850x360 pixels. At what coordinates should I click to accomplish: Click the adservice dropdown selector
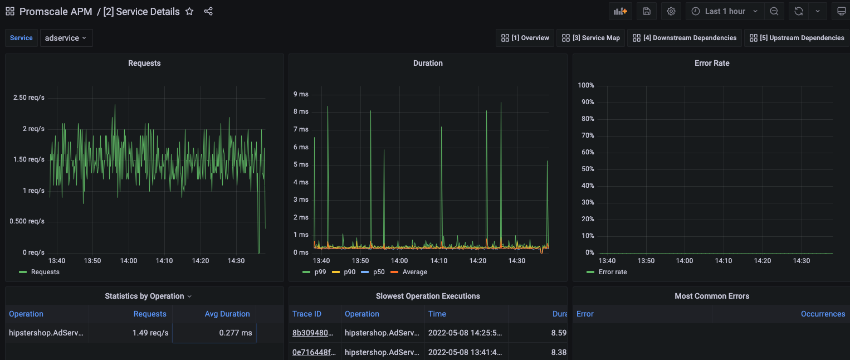click(x=66, y=38)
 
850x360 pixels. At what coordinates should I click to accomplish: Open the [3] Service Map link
click(x=590, y=38)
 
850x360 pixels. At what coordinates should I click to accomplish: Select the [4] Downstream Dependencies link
click(x=684, y=38)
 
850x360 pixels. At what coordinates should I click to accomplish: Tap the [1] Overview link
click(x=525, y=38)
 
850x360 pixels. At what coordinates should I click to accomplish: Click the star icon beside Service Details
click(x=189, y=11)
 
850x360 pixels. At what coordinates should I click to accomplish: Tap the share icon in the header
click(x=208, y=11)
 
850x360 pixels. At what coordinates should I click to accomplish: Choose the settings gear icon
click(x=671, y=11)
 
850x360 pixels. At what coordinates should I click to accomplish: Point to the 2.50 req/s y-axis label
click(x=29, y=98)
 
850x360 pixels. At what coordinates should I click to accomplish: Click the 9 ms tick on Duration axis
click(x=301, y=94)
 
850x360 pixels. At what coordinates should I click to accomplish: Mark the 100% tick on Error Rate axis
click(x=586, y=85)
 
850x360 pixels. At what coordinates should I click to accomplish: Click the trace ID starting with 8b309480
click(x=312, y=333)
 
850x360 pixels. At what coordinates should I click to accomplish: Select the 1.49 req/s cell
click(x=150, y=333)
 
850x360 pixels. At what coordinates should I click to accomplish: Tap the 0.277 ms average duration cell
click(x=236, y=333)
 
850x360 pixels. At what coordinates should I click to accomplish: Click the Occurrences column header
click(x=823, y=314)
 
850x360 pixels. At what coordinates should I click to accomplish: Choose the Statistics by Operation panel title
click(x=144, y=296)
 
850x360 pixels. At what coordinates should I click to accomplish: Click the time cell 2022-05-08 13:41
click(x=465, y=352)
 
